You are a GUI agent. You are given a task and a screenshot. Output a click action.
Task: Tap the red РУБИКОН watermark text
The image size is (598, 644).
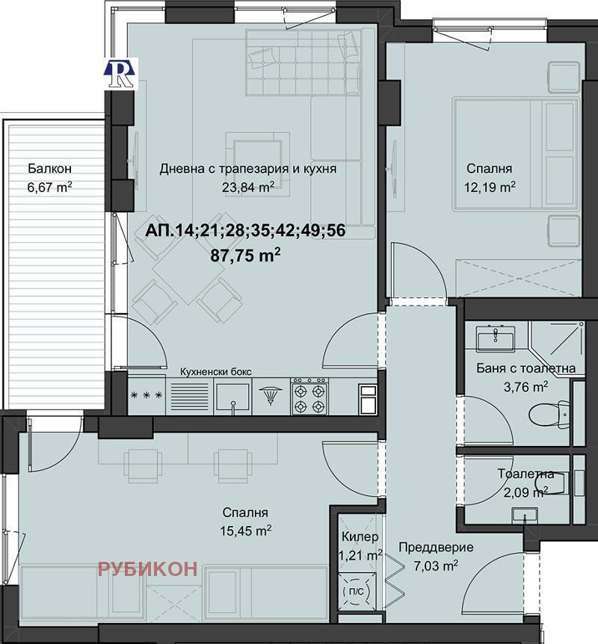point(148,569)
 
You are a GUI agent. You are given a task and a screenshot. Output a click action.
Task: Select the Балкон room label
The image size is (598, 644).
point(50,168)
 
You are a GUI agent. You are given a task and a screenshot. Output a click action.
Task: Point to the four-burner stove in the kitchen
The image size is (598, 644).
point(309,397)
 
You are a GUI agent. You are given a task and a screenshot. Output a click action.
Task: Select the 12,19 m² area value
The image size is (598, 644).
point(490,186)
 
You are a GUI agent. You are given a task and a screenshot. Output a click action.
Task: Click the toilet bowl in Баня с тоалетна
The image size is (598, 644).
point(549,413)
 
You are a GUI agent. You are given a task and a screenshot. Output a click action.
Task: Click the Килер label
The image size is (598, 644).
point(360,537)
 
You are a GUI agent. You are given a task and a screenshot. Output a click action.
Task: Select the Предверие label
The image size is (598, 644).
point(435,548)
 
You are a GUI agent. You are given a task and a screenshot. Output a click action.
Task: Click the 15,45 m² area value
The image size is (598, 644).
point(247,530)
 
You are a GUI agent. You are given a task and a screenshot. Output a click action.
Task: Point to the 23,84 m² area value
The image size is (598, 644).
point(247,187)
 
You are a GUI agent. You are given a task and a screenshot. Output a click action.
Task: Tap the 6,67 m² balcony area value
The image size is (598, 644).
point(49,187)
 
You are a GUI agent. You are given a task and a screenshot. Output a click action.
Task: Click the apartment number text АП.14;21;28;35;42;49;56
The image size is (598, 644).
point(247,230)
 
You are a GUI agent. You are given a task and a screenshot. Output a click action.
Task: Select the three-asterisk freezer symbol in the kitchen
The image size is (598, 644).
point(146,397)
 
